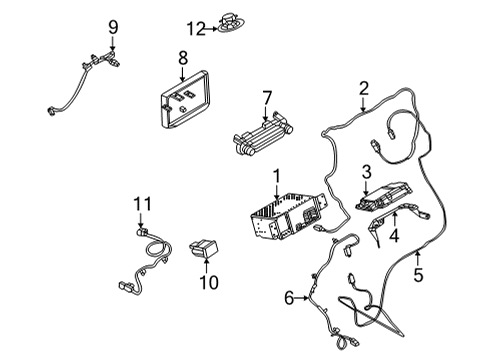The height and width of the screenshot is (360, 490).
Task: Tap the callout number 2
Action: [x=364, y=87]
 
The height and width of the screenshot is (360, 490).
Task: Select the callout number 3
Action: [x=367, y=173]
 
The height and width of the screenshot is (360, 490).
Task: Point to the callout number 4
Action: [x=393, y=236]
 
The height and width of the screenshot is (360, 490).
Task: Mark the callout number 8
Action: [x=182, y=58]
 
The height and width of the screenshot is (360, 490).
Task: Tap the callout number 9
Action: [x=113, y=26]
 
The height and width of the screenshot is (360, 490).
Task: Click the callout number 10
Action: [x=210, y=284]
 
